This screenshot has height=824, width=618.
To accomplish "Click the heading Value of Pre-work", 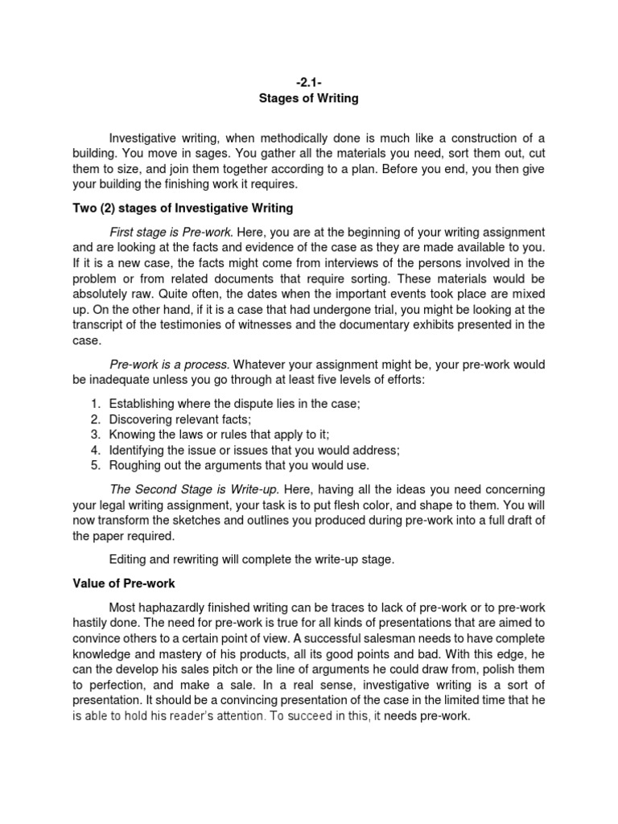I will (x=125, y=583).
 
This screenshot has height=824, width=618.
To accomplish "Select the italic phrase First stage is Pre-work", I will (x=170, y=232).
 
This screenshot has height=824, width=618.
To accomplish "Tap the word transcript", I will (x=101, y=325).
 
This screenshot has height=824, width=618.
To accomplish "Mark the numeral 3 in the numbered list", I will (x=94, y=435).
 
